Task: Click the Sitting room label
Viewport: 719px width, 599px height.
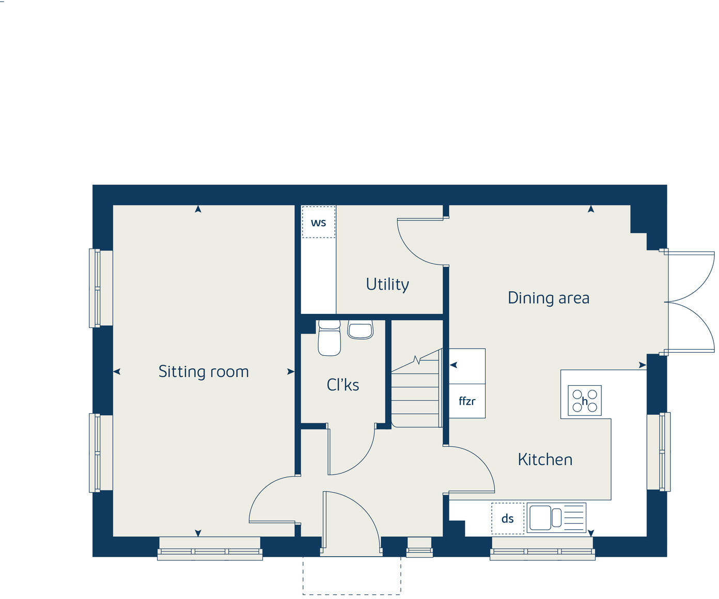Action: point(204,372)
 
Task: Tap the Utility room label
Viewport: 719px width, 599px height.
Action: point(387,284)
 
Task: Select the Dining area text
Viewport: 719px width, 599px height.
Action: point(548,298)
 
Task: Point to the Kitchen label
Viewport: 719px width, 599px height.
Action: point(545,460)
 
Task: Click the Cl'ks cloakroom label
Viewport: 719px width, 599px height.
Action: point(342,385)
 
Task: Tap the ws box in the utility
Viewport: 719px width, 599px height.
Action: point(318,223)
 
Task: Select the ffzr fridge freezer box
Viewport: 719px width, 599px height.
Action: point(467,401)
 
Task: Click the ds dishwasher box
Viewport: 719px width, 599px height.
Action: point(507,518)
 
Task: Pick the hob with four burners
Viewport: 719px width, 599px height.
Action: point(584,401)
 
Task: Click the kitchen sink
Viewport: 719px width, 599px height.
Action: point(556,517)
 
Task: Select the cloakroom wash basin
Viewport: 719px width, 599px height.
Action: point(360,329)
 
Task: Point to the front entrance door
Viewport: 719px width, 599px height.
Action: point(351,522)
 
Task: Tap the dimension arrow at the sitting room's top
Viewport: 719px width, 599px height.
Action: point(198,209)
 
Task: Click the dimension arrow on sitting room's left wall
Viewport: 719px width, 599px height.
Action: point(117,372)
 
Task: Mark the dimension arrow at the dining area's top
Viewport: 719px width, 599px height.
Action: point(591,209)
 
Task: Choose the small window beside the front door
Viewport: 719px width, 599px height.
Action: point(419,547)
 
